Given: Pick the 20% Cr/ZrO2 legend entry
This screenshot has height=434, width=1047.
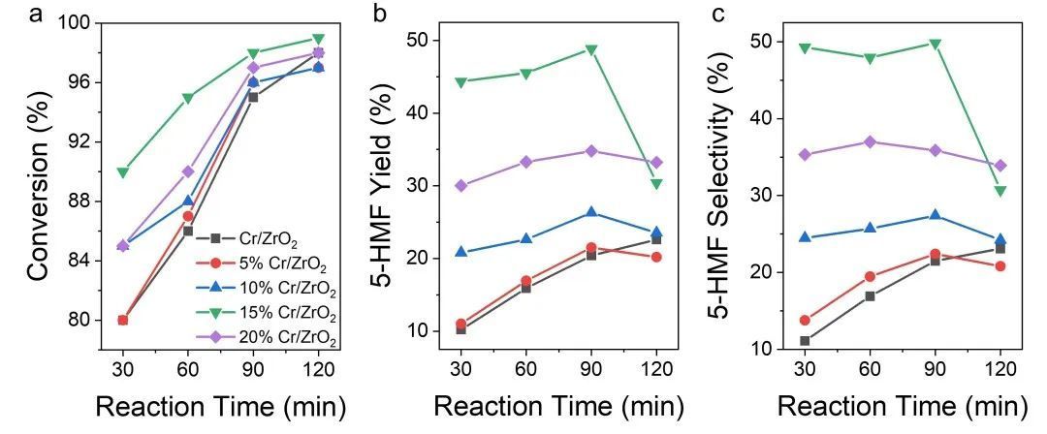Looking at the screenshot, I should click(286, 338).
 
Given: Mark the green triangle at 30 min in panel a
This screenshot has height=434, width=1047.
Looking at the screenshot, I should click(122, 172).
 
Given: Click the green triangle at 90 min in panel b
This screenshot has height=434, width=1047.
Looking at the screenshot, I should click(590, 49).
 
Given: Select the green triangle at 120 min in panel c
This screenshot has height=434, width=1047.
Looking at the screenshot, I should click(999, 191).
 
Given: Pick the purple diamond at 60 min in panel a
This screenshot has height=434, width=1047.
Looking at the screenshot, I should click(188, 171).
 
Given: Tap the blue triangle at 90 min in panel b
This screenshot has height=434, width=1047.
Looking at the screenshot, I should click(590, 212).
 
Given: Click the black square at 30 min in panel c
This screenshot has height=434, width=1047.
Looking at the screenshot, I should click(804, 341).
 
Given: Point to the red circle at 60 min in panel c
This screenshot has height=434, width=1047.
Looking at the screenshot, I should click(870, 276).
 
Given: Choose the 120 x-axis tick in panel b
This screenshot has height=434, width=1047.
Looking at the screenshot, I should click(656, 369).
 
